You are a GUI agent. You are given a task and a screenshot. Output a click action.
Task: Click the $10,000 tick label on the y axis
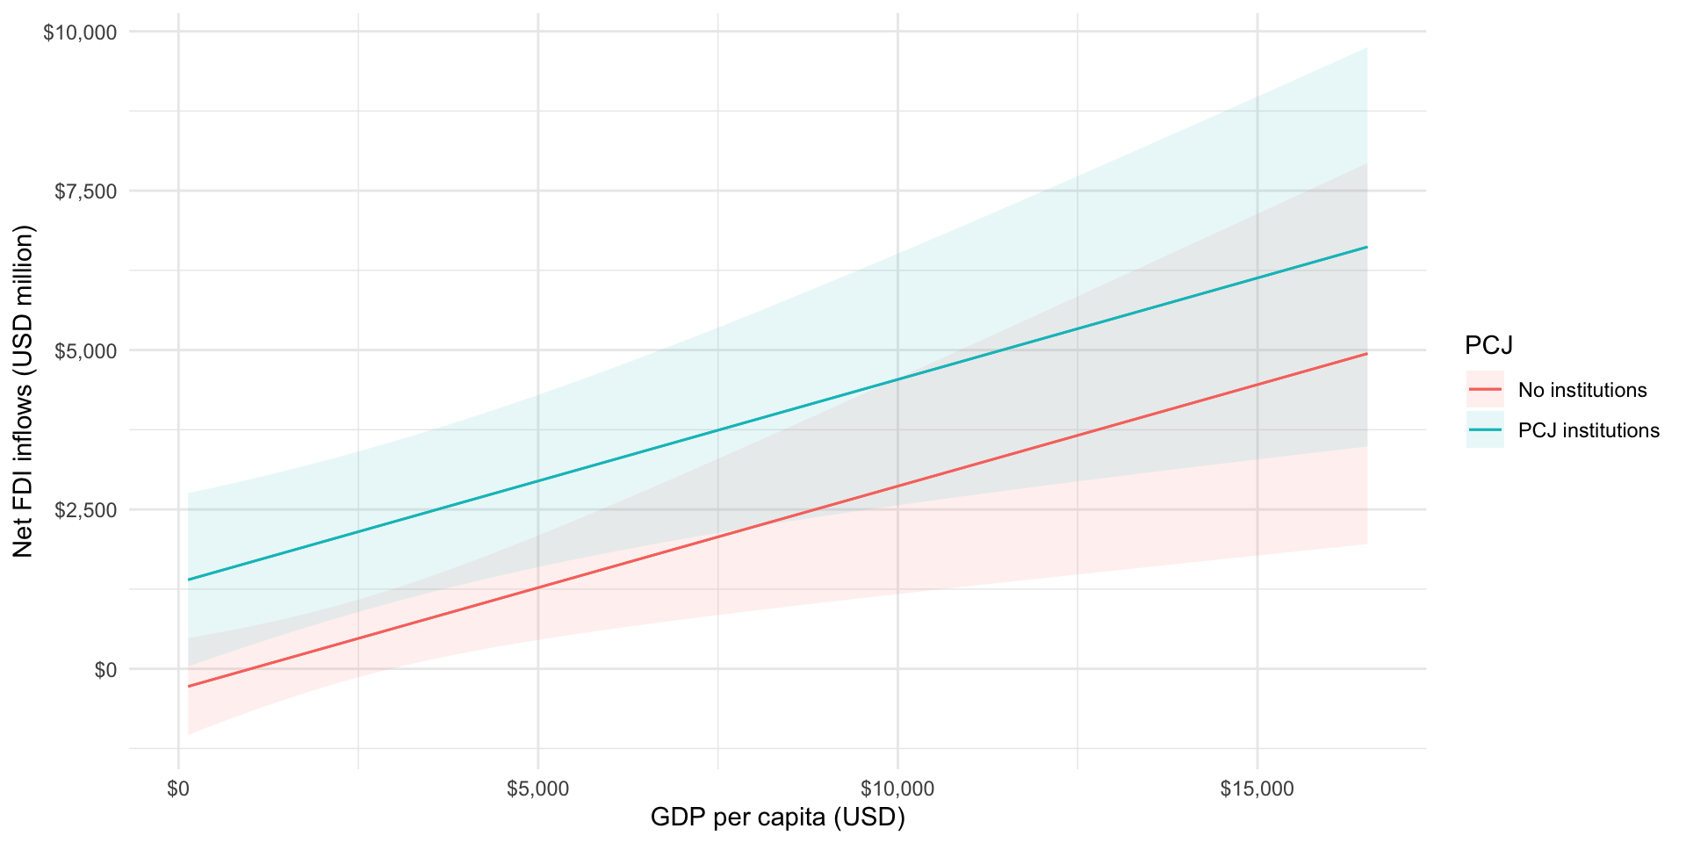(x=80, y=32)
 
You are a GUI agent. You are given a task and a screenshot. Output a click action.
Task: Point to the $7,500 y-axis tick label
(x=85, y=191)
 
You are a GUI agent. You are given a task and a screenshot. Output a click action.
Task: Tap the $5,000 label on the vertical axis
(x=85, y=351)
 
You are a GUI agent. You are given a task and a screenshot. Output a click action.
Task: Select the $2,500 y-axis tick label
(x=85, y=510)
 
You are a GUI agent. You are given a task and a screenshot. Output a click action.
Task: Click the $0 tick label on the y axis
(x=105, y=670)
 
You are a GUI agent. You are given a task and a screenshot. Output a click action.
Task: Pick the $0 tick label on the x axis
(x=178, y=789)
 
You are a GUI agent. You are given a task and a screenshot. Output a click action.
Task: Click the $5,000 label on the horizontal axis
(x=537, y=789)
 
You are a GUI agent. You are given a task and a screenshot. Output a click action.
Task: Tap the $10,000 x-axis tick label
(x=897, y=789)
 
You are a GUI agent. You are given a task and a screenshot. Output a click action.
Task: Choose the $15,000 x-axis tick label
(x=1257, y=789)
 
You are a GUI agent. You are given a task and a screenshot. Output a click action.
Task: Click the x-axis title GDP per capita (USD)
(x=777, y=818)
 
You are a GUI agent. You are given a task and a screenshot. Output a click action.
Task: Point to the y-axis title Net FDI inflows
(x=24, y=391)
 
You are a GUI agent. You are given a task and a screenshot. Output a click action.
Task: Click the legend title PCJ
(x=1488, y=346)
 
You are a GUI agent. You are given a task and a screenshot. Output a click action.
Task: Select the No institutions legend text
(x=1582, y=390)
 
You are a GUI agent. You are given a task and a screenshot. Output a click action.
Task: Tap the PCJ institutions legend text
(x=1589, y=430)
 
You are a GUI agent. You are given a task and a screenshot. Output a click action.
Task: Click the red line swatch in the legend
(x=1485, y=389)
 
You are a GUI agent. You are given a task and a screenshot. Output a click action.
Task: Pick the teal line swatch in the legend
(x=1485, y=430)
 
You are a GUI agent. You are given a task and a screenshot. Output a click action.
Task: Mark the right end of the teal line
(x=1366, y=248)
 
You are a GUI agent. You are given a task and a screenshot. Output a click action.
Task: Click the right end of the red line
(x=1366, y=354)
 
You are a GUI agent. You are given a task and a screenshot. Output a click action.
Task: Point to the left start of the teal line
(x=189, y=580)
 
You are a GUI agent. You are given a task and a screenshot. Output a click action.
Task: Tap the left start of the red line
(x=189, y=686)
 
